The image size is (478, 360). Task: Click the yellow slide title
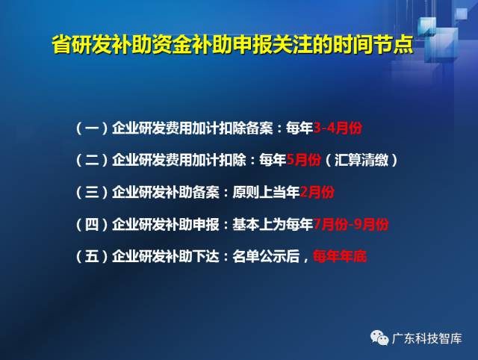tap(232, 45)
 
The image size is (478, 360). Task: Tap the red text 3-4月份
tap(338, 128)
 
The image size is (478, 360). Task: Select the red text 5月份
tap(304, 160)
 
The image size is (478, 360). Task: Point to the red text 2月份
tap(317, 193)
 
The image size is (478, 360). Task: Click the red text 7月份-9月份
tap(351, 225)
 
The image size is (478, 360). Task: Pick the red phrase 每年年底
tap(340, 256)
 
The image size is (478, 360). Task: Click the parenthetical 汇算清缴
tap(361, 160)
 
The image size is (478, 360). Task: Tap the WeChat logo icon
tap(379, 338)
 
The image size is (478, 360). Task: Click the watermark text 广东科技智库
tap(426, 338)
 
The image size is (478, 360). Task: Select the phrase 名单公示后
tap(266, 256)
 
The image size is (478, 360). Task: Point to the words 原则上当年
tap(266, 193)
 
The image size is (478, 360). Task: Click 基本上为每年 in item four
tap(273, 225)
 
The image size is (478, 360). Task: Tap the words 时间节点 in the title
tap(373, 45)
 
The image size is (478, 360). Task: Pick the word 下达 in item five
tap(206, 256)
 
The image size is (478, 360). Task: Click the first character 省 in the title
tap(62, 45)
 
